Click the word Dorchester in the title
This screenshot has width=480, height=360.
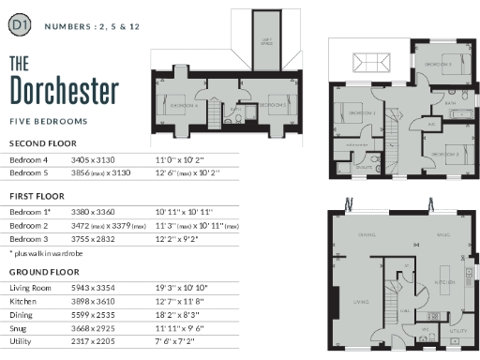64,90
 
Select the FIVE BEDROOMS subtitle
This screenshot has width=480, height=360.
47,122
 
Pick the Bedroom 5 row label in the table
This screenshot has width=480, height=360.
27,173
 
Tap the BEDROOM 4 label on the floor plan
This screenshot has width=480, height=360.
182,106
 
